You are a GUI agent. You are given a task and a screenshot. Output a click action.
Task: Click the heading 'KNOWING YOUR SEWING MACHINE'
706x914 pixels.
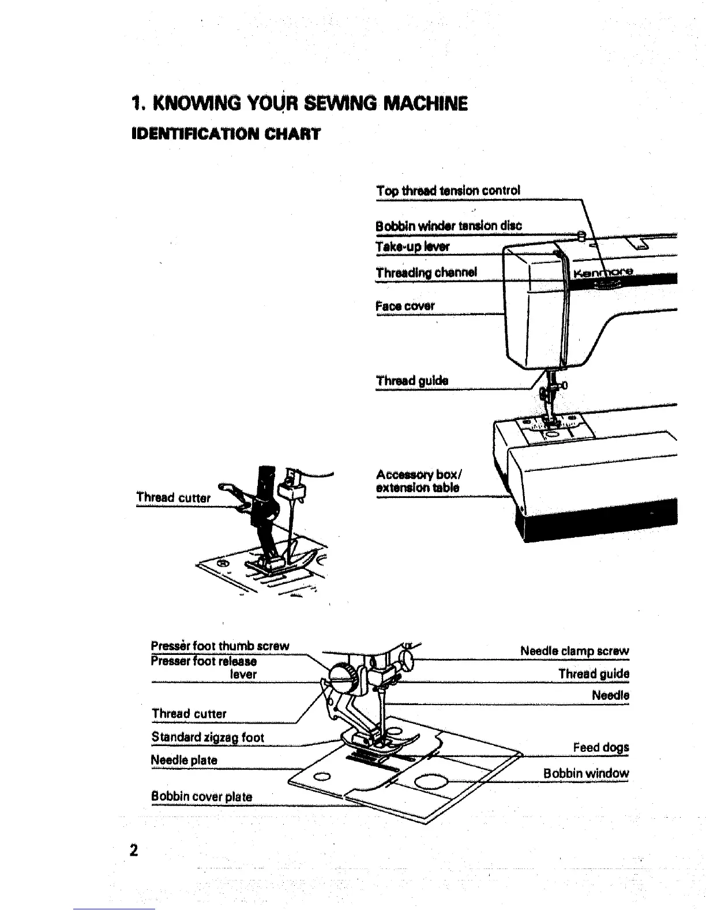point(299,104)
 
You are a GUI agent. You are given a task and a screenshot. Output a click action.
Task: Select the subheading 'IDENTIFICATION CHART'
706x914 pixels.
point(226,134)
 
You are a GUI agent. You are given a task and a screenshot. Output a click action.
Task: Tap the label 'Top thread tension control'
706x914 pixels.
point(448,190)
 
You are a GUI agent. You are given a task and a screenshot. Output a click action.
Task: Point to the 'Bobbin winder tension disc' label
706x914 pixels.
point(448,226)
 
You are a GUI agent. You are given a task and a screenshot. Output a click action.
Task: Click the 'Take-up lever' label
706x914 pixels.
point(412,247)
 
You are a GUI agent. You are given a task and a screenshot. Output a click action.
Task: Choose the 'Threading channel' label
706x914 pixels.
point(426,272)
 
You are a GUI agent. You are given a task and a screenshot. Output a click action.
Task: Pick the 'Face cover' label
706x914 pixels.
point(405,306)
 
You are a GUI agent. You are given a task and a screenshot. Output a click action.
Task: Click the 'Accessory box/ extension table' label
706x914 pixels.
point(418,481)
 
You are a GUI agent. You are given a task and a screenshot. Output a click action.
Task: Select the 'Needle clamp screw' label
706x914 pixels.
point(574,651)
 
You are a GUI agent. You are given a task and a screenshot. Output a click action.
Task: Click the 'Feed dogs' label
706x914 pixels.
point(601,747)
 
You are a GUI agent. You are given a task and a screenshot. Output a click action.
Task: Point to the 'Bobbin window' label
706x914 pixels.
point(586,773)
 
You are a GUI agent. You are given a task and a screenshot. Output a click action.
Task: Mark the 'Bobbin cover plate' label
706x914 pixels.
point(202,797)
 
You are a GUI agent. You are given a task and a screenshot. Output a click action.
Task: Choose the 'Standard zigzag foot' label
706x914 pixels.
point(208,737)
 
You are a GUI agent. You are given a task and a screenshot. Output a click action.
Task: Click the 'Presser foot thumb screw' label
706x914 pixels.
point(220,646)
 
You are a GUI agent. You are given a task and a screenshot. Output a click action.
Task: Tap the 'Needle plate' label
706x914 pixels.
point(184,760)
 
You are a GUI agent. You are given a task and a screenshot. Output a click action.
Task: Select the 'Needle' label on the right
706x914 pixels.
point(610,695)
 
